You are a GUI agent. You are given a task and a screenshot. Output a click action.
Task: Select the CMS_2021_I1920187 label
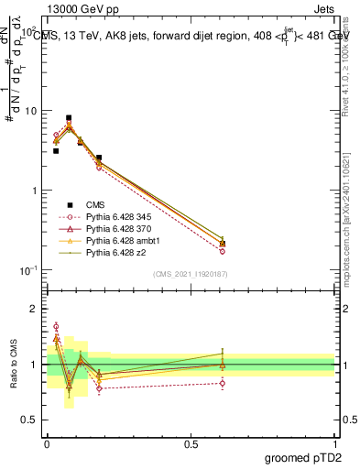[191, 274]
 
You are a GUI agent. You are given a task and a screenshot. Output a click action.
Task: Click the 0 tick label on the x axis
[47, 444]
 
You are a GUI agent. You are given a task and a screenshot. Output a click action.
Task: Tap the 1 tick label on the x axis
[334, 444]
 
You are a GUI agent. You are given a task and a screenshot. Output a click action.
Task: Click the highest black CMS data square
[69, 118]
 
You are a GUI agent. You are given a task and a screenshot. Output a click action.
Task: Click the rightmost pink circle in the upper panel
[223, 251]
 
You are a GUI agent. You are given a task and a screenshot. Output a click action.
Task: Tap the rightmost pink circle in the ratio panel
[223, 383]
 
